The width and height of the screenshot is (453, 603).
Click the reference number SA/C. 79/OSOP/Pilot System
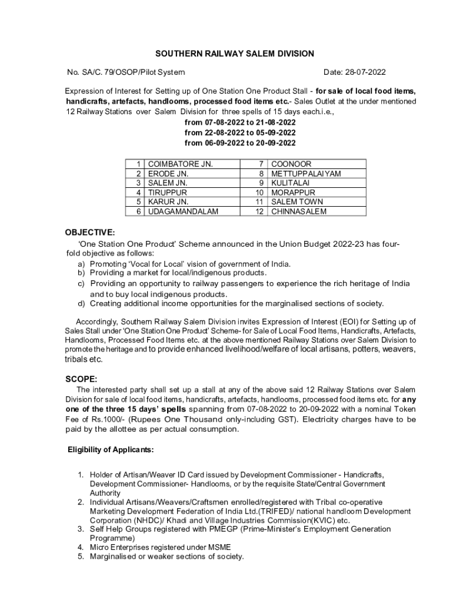126,72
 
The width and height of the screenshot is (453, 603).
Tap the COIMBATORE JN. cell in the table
180,164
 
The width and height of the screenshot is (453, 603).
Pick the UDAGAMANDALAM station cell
182,211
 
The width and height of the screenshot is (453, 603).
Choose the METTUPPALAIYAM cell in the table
305,174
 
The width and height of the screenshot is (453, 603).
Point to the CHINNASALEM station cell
298,211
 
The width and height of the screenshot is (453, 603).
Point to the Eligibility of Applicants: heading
111,450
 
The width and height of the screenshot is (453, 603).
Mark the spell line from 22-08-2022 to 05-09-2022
240,132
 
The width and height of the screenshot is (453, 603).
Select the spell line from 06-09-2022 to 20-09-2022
240,143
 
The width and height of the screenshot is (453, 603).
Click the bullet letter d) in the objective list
81,304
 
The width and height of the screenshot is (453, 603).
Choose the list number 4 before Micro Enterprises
81,548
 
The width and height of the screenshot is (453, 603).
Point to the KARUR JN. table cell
168,202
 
